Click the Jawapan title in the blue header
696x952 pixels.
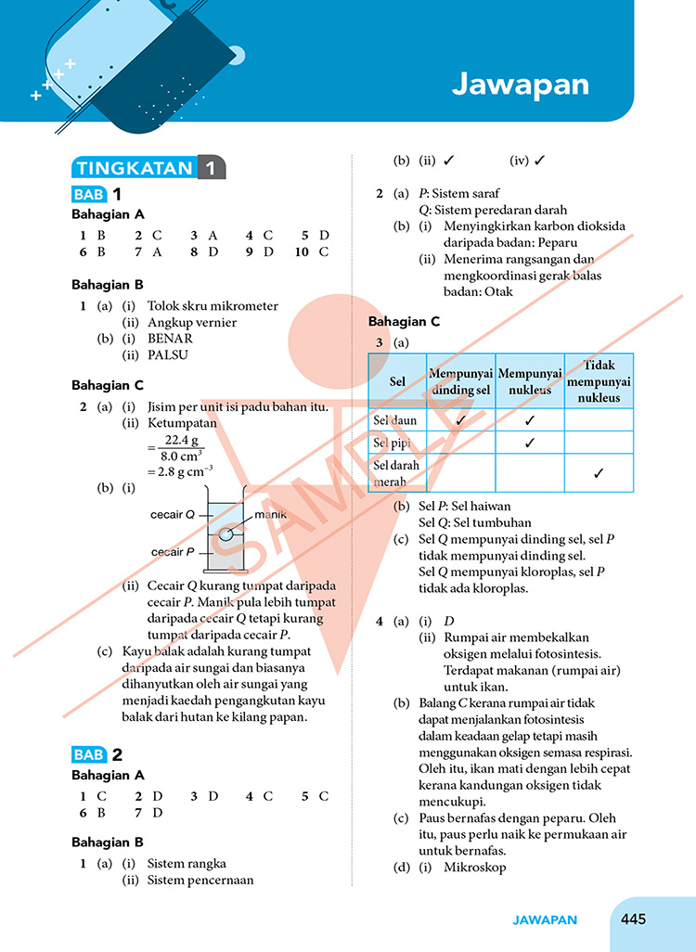click(x=521, y=84)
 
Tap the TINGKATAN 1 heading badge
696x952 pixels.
click(x=148, y=168)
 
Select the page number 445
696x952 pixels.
click(x=633, y=920)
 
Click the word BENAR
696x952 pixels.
click(x=170, y=339)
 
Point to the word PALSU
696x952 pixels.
click(x=168, y=354)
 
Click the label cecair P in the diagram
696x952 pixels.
click(x=173, y=551)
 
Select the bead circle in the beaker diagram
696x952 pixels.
click(x=226, y=535)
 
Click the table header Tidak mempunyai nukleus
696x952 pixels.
click(x=599, y=381)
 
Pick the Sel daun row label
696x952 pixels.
click(x=394, y=420)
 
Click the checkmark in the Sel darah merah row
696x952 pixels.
click(x=599, y=473)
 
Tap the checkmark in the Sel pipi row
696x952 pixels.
click(x=529, y=443)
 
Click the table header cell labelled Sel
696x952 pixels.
click(x=397, y=381)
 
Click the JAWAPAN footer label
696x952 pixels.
click(x=545, y=920)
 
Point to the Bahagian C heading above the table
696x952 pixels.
click(x=404, y=322)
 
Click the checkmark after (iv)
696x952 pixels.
click(x=540, y=161)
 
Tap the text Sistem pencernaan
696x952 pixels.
click(x=200, y=880)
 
